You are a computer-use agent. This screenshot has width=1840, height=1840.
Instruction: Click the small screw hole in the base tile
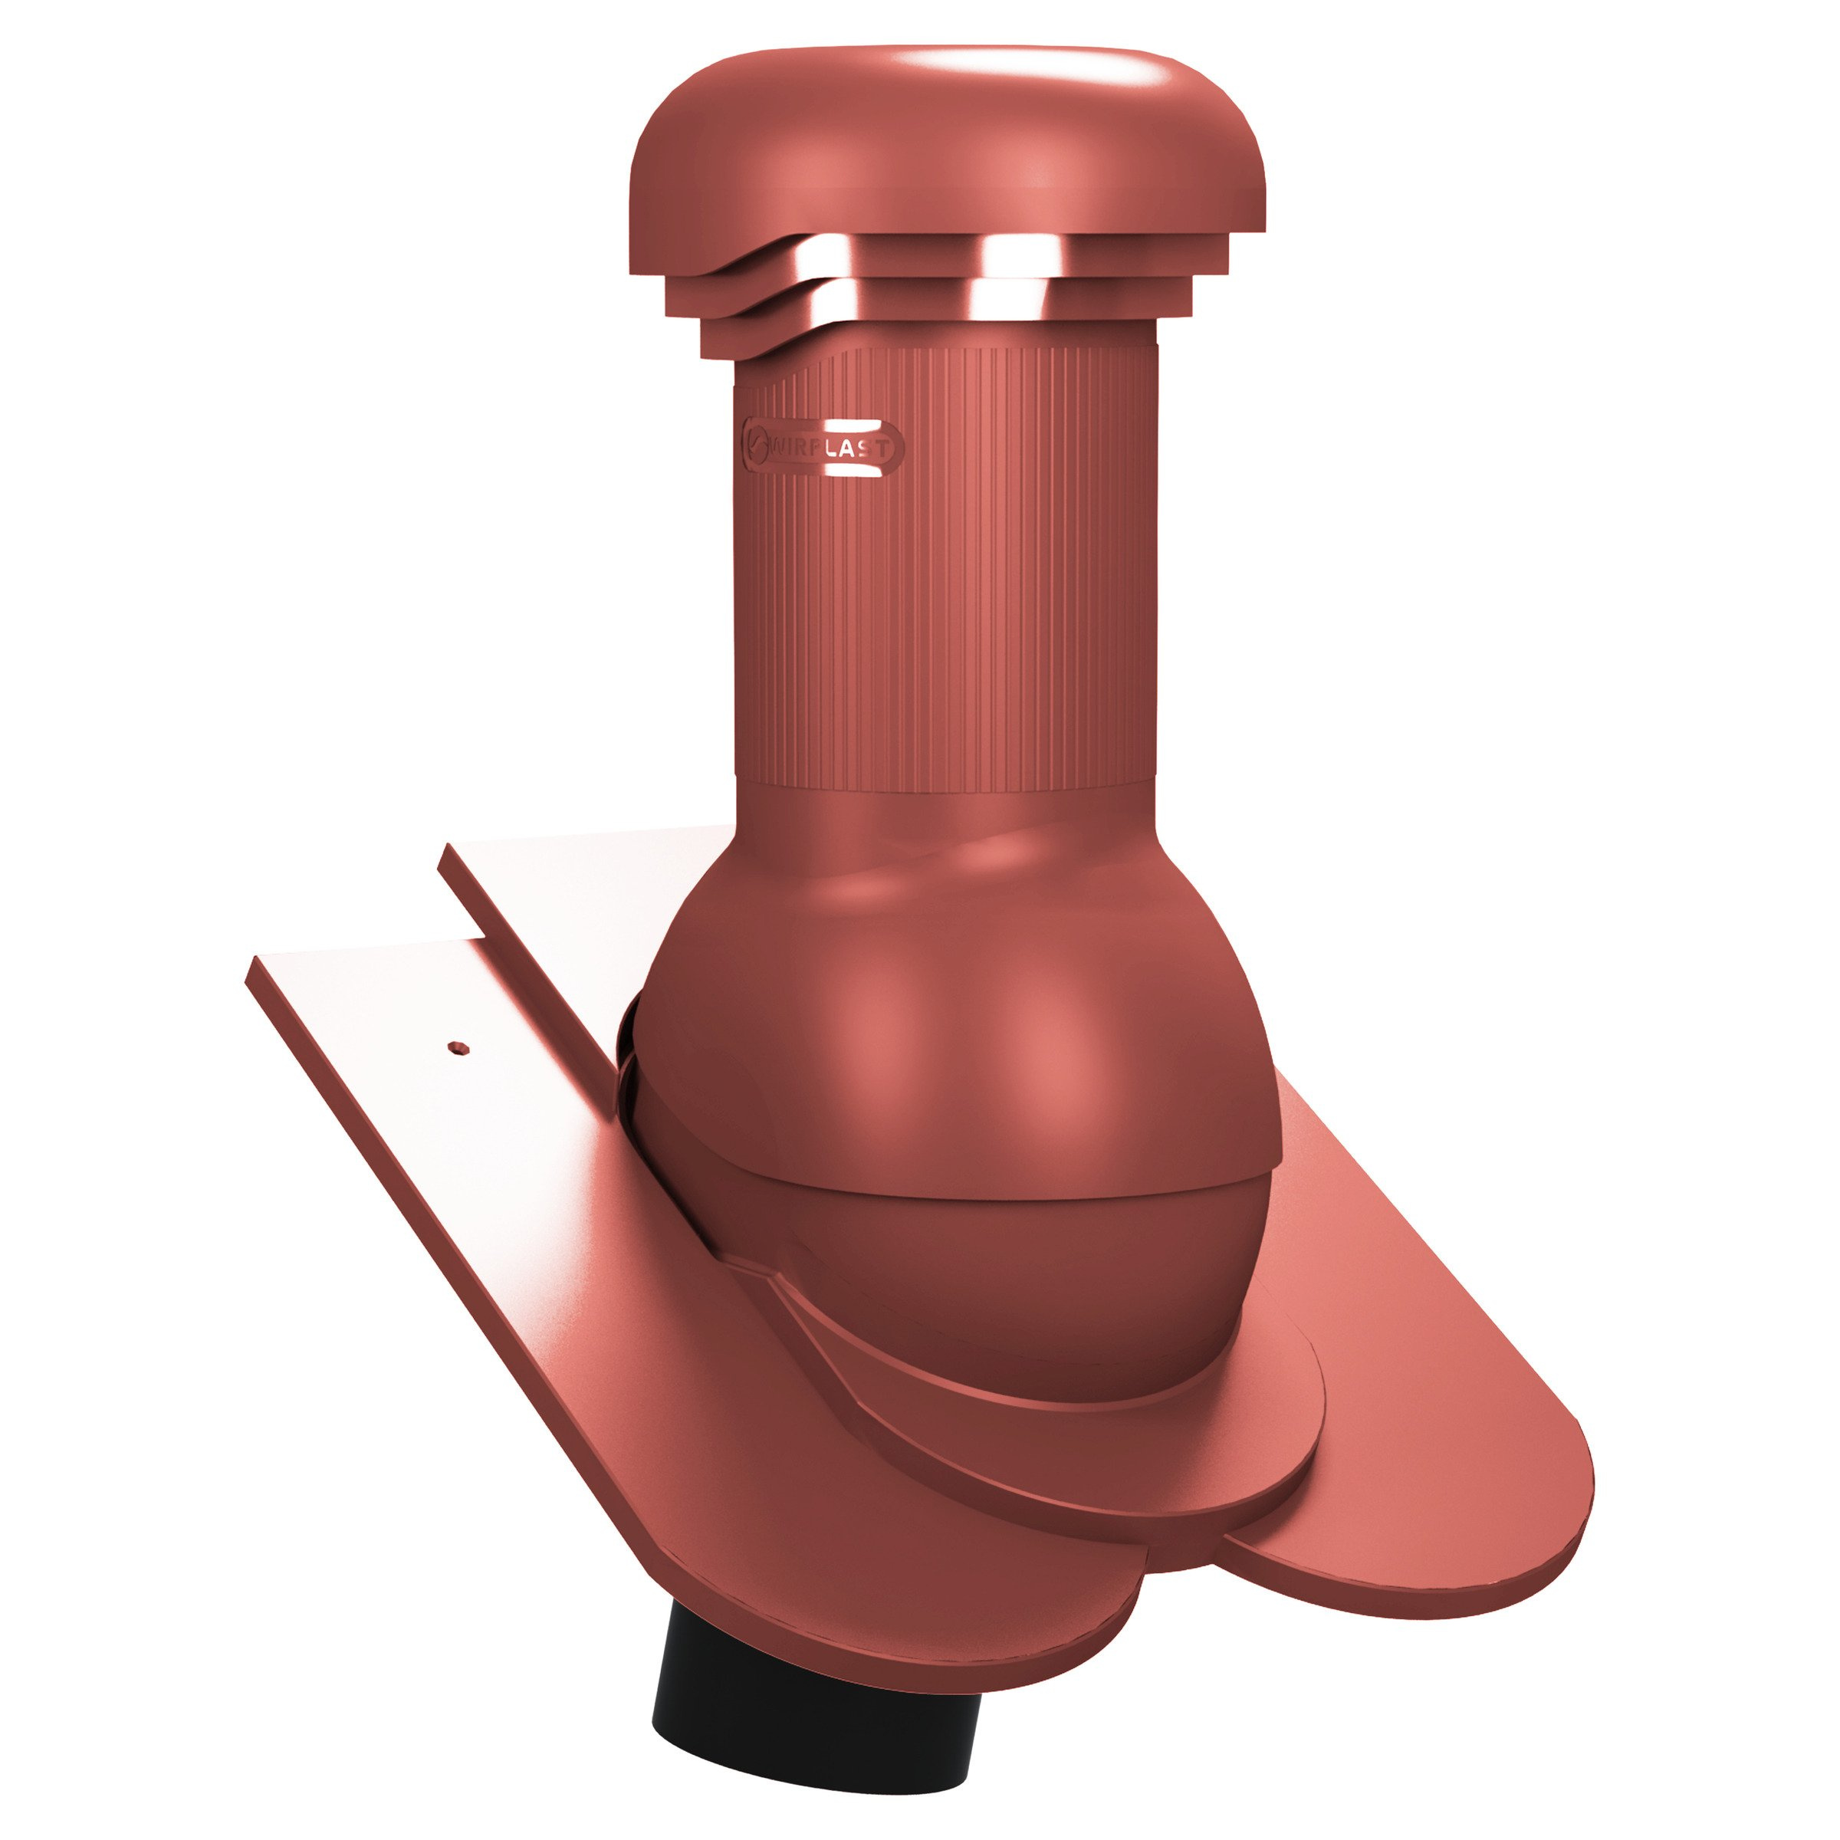[459, 1047]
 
